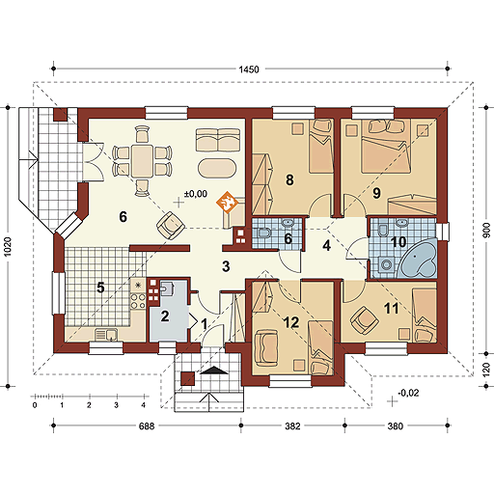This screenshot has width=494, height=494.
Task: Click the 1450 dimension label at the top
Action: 249,69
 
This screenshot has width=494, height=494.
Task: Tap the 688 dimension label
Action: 147,426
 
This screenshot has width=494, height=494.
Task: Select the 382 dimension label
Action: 292,426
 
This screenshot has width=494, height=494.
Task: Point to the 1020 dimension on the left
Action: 7,246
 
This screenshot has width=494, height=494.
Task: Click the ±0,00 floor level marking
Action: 196,194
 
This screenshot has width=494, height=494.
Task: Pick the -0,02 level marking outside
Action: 408,393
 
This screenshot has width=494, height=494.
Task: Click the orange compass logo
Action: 229,203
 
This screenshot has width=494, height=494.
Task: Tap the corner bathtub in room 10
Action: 418,259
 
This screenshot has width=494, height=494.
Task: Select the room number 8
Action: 289,179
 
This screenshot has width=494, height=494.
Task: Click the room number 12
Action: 291,322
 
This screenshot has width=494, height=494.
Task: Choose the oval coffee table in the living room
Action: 217,167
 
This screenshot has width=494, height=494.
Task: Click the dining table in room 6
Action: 142,161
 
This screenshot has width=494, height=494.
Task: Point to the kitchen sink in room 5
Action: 106,335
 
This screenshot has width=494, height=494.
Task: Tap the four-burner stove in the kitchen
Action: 138,301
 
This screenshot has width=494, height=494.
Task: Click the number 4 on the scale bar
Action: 144,405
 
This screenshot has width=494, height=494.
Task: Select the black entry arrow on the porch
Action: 214,370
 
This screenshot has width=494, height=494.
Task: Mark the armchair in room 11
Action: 365,320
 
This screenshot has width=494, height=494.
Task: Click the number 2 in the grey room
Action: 165,316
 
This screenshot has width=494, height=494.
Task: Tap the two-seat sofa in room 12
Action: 265,347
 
